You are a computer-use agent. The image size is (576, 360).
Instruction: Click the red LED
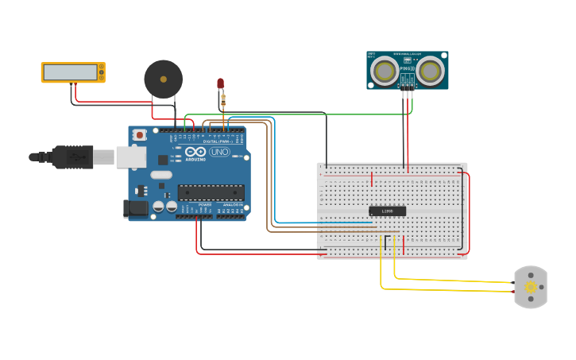click(x=221, y=83)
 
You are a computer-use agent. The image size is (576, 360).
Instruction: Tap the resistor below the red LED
click(x=223, y=99)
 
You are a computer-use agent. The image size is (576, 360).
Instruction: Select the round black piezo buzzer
click(x=163, y=79)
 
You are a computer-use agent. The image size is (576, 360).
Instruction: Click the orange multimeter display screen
click(x=70, y=72)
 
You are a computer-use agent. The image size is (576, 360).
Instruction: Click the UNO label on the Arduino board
click(x=219, y=152)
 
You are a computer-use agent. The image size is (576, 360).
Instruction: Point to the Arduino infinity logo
click(x=196, y=152)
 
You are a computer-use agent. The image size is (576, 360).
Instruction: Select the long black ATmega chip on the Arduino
click(x=211, y=192)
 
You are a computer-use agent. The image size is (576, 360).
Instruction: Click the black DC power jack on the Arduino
click(x=137, y=208)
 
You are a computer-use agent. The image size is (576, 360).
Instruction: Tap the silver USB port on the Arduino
click(x=130, y=157)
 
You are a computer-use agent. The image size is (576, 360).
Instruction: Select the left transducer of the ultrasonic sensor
click(x=385, y=71)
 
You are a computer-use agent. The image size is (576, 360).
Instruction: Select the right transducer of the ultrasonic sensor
click(x=430, y=71)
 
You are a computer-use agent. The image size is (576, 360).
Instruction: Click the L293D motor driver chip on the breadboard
click(x=387, y=211)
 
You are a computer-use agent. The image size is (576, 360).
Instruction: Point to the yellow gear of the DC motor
click(x=531, y=287)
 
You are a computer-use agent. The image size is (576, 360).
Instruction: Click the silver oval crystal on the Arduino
click(x=161, y=175)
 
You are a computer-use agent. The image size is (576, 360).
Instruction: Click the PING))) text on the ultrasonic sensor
click(x=407, y=68)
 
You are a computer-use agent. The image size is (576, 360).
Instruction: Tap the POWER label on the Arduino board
click(x=205, y=204)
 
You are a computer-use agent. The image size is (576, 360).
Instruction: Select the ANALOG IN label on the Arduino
click(x=231, y=204)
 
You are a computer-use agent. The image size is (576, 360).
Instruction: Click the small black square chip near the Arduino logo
click(x=163, y=160)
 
